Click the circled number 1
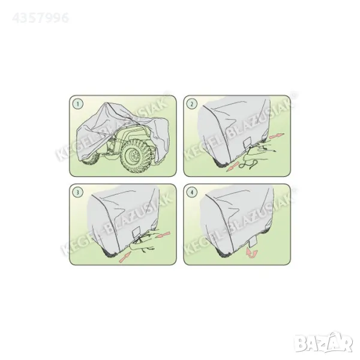click(x=78, y=104)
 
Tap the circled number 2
click(x=192, y=104)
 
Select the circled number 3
click(x=78, y=193)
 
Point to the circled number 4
click(x=192, y=193)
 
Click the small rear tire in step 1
click(x=91, y=158)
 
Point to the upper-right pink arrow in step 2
click(x=277, y=136)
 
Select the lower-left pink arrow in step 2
click(x=232, y=166)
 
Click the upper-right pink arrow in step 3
click(x=163, y=235)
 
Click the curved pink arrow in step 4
click(x=251, y=253)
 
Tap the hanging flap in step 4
click(x=253, y=242)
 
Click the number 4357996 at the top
click(x=41, y=18)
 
